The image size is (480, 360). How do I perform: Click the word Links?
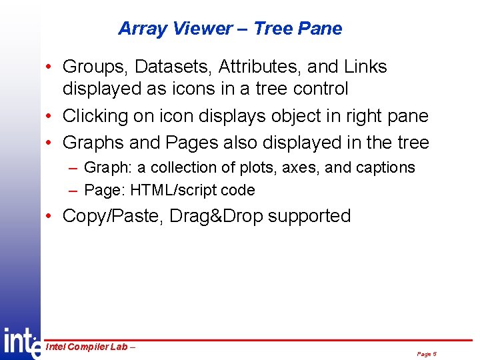[x=365, y=67]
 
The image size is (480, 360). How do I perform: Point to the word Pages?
[x=189, y=143]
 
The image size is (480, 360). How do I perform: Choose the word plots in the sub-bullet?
[x=257, y=167]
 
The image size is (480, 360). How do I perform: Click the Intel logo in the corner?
[x=20, y=343]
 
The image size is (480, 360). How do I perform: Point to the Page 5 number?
[x=426, y=354]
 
